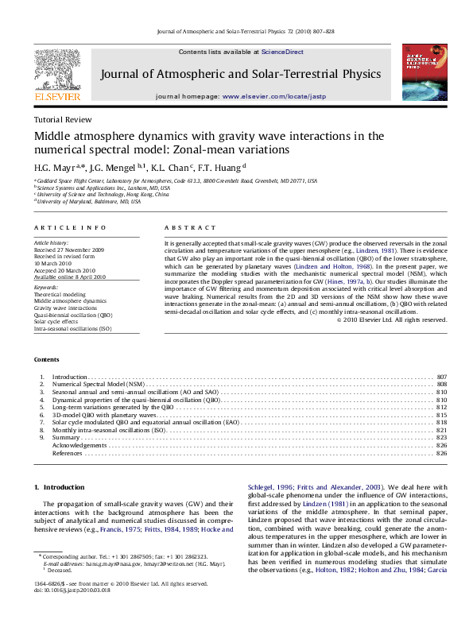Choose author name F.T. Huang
click(225, 167)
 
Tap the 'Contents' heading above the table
click(47, 359)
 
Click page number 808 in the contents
click(441, 384)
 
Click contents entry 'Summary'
click(66, 438)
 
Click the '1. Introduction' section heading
click(60, 486)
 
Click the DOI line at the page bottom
click(72, 591)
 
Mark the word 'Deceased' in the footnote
click(61, 571)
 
